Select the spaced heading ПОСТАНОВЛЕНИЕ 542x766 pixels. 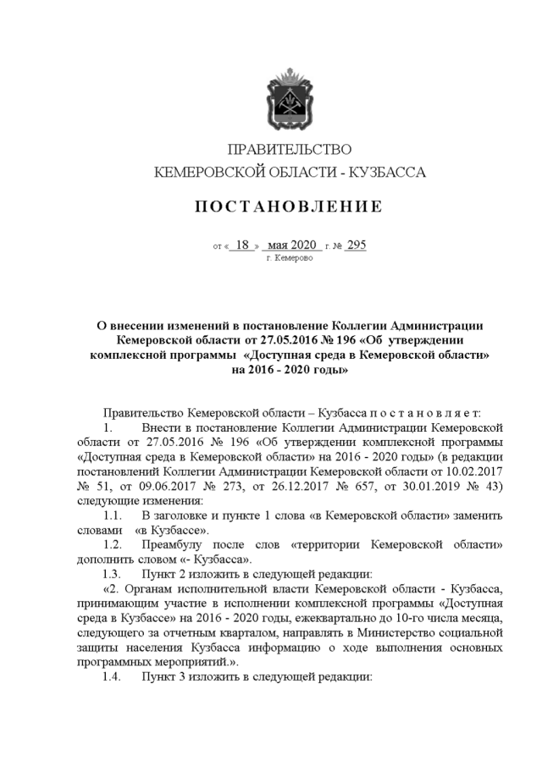click(x=289, y=207)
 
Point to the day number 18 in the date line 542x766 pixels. click(x=242, y=245)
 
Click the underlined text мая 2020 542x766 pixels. click(x=290, y=245)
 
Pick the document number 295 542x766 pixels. click(x=356, y=245)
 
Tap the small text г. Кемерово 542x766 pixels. click(x=289, y=257)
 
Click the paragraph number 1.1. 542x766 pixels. click(x=113, y=515)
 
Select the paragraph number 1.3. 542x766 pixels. click(x=113, y=574)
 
